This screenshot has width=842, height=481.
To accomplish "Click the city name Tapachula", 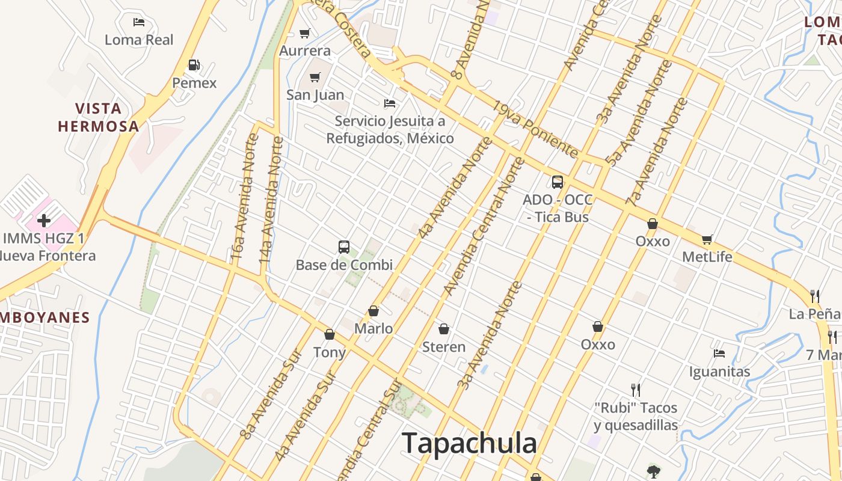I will click(x=469, y=444).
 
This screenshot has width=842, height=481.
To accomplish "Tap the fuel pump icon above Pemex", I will click(x=194, y=65).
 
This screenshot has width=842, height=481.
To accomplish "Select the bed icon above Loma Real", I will click(x=139, y=22).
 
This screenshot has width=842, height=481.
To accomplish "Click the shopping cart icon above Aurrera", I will click(x=305, y=33).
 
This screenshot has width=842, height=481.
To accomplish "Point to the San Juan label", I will click(x=315, y=95).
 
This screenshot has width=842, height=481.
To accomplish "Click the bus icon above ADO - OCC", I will click(x=558, y=182).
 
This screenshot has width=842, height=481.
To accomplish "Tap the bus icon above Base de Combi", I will click(x=344, y=247).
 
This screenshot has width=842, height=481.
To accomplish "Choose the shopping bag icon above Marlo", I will click(x=373, y=311).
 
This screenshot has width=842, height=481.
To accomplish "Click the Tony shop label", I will click(x=330, y=352).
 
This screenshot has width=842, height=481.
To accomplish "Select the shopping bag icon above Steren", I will click(x=444, y=329).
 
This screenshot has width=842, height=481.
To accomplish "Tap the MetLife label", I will click(x=707, y=257).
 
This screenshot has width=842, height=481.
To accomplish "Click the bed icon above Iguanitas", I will click(x=719, y=354).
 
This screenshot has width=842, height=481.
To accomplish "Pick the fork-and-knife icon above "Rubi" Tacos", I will click(x=636, y=390).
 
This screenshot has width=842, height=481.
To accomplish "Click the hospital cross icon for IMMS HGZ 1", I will click(x=44, y=220).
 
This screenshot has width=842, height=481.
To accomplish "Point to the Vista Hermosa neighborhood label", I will click(x=99, y=117).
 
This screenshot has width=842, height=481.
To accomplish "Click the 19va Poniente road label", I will click(x=536, y=130).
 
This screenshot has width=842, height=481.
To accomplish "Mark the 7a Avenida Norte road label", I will click(x=657, y=150).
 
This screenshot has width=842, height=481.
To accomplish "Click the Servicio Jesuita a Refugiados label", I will click(x=390, y=130).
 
